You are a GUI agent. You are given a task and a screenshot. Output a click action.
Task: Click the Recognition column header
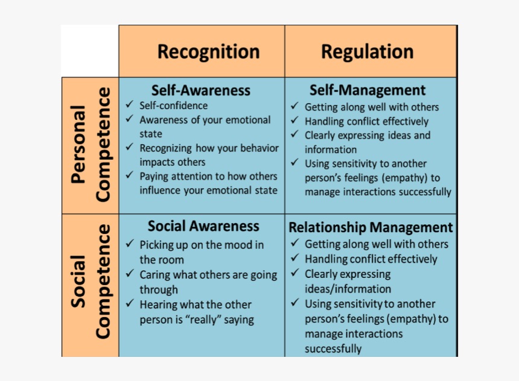(209, 52)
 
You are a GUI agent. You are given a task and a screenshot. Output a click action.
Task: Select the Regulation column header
(368, 52)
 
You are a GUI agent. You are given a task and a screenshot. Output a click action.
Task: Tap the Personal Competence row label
(90, 145)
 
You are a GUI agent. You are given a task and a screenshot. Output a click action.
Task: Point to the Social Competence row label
(90, 282)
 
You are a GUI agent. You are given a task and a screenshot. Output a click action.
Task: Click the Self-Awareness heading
(201, 90)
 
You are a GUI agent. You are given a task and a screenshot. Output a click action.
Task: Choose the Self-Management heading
(368, 90)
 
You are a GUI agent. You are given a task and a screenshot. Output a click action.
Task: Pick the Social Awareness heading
(203, 226)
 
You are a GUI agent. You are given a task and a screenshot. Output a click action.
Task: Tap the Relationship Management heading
(371, 227)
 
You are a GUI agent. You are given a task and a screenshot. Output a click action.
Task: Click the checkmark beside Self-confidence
(129, 104)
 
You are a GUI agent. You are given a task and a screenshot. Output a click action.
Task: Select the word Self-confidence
(173, 105)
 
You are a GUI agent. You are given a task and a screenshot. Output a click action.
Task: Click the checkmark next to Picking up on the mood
(130, 244)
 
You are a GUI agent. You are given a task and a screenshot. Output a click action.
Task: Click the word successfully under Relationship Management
(333, 349)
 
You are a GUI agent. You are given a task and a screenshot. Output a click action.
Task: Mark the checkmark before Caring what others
(130, 274)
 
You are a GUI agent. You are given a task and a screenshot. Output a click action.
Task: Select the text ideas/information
(348, 289)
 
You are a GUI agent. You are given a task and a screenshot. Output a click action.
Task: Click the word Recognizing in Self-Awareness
(165, 148)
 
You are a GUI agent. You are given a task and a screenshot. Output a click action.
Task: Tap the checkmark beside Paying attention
(129, 175)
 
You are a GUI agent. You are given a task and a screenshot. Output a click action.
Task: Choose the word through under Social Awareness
(159, 290)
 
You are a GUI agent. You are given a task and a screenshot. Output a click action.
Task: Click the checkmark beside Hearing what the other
(130, 303)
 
